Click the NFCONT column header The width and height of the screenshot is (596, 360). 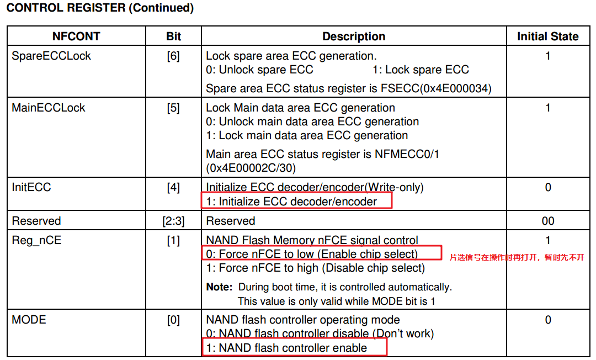76,37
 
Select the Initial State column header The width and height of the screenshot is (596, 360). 547,37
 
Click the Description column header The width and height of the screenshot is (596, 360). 354,37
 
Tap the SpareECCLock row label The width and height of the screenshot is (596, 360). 51,56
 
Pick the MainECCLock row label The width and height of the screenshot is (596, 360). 49,108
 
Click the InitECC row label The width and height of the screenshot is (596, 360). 31,187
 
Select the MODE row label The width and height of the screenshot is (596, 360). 29,320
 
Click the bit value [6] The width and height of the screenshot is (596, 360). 173,56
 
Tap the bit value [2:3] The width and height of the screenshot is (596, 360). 173,221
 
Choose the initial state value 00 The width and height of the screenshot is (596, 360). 547,221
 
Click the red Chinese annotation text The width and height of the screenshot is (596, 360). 517,257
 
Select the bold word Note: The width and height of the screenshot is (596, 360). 219,287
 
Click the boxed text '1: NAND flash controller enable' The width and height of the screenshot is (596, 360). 286,348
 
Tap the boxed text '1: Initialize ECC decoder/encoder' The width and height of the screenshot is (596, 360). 291,202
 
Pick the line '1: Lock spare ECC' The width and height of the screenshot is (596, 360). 421,70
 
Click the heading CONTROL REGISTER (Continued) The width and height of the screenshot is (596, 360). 100,8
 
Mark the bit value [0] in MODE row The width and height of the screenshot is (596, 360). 173,320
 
